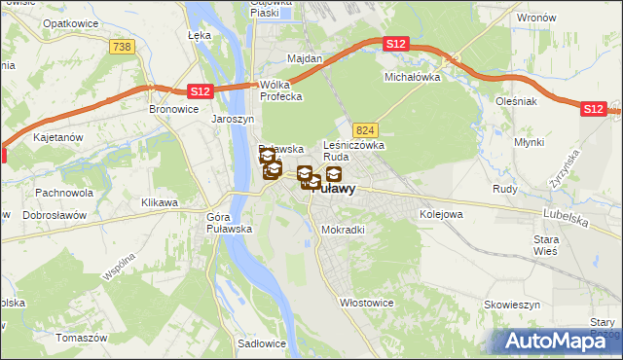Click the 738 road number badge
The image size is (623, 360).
(x=123, y=48)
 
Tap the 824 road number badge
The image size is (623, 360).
(x=365, y=129)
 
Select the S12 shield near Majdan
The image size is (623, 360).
(x=394, y=45)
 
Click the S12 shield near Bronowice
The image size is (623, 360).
(x=199, y=91)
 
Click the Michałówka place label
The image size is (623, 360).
(x=413, y=76)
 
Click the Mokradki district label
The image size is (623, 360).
(x=343, y=231)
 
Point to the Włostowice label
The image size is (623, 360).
(x=366, y=303)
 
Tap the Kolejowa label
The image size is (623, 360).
(x=440, y=213)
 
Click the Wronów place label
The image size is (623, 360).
(x=536, y=18)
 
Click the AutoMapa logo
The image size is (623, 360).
(x=555, y=341)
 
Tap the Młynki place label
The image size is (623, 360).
(x=557, y=142)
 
